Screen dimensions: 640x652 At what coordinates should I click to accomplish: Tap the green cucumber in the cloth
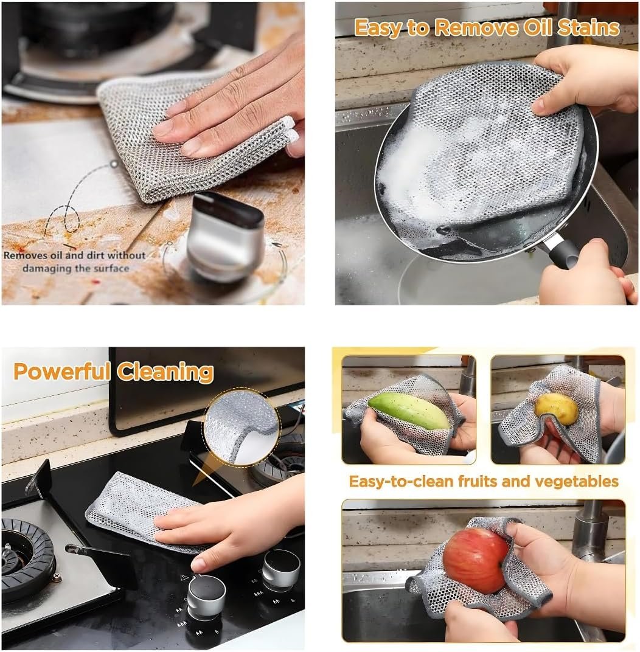click(408, 411)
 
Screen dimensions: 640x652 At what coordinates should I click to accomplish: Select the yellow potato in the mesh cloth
click(557, 409)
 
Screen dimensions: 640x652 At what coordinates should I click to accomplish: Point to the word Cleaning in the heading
click(165, 372)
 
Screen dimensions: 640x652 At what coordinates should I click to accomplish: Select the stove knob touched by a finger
click(206, 595)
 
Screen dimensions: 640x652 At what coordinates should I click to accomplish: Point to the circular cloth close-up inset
click(242, 426)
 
